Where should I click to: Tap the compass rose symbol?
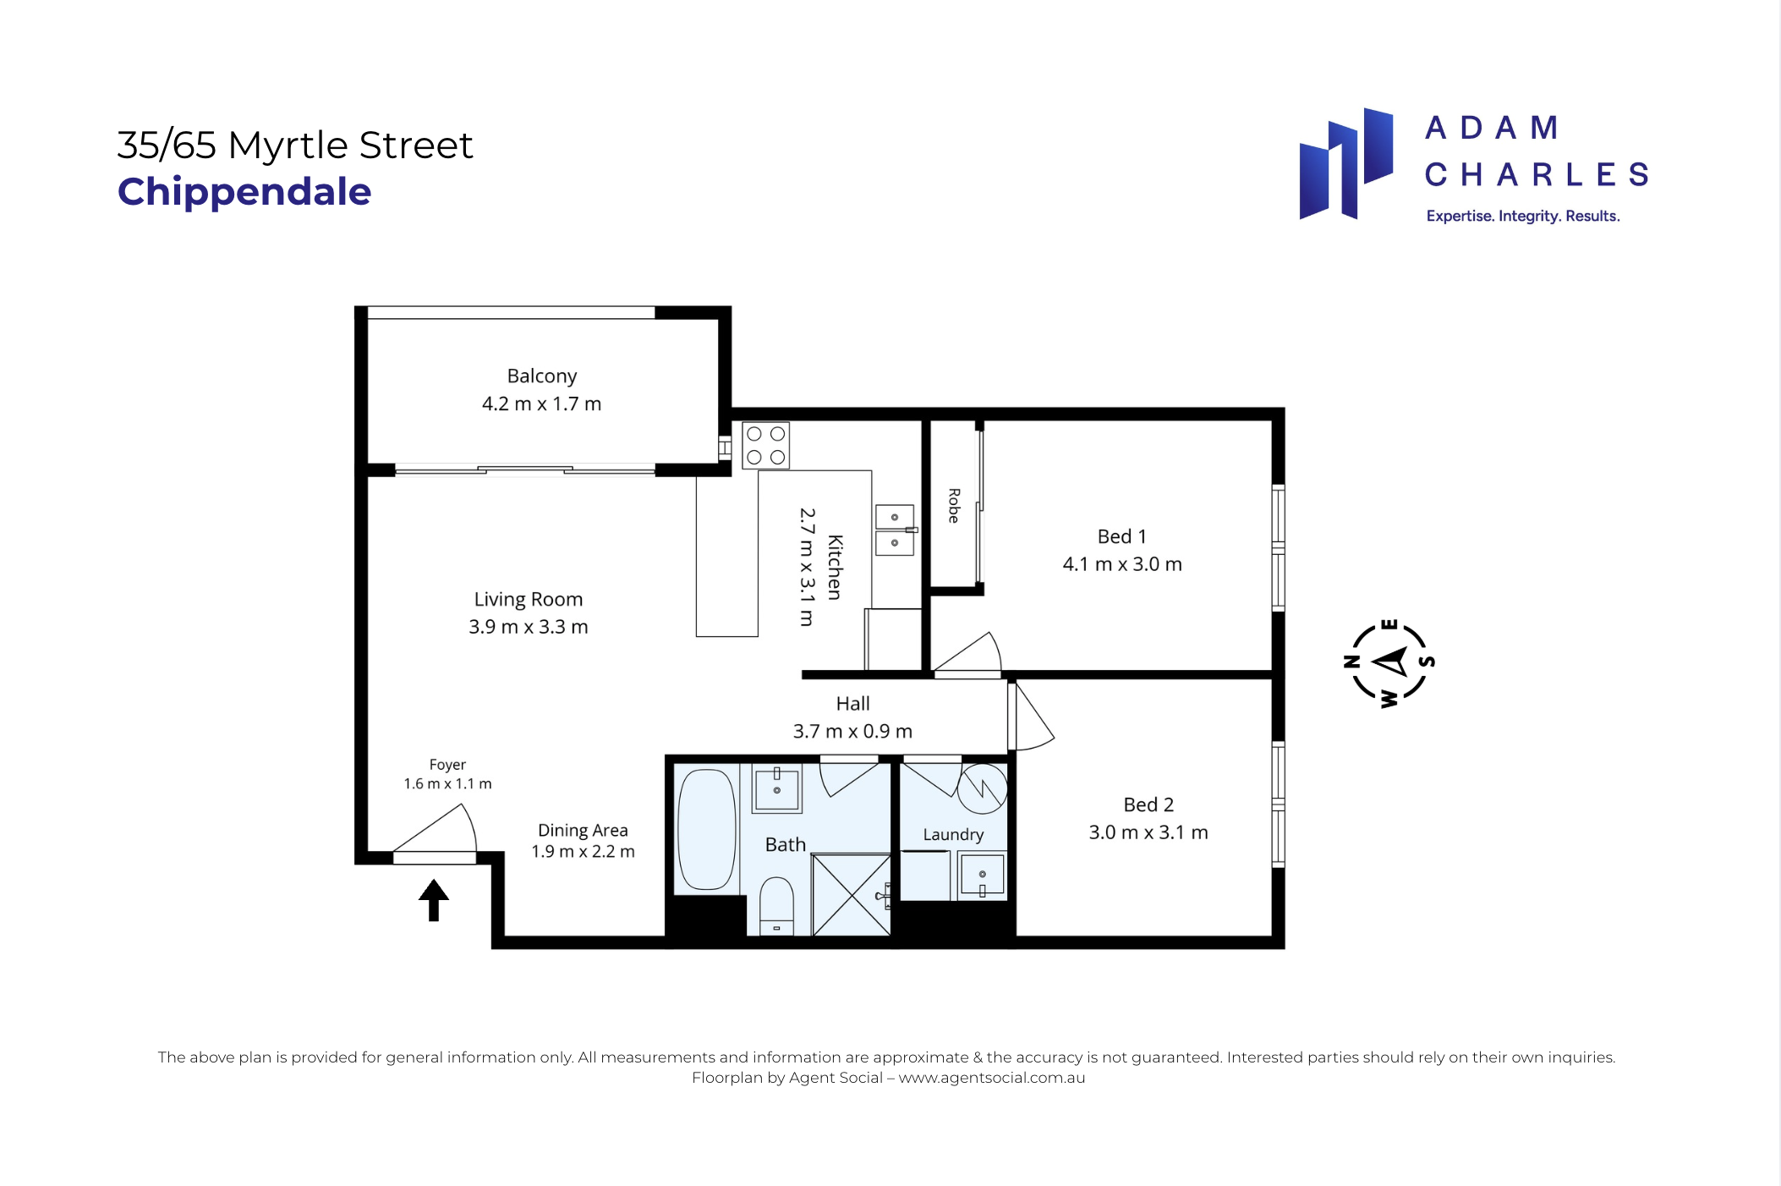click(x=1389, y=663)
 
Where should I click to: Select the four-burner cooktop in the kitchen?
click(x=766, y=446)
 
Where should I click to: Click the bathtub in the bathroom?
click(x=707, y=829)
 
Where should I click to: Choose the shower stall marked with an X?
click(x=851, y=895)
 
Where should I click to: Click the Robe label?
click(x=954, y=506)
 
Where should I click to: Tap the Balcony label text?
click(x=542, y=376)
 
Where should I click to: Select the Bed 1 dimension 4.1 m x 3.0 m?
click(x=1122, y=564)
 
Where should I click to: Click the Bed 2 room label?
click(x=1148, y=804)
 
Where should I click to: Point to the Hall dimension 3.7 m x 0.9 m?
click(x=852, y=731)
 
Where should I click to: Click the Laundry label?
click(x=953, y=835)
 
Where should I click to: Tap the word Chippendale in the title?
click(x=244, y=192)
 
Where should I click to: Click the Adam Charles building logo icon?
click(x=1346, y=164)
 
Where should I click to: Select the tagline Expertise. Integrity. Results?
click(x=1523, y=217)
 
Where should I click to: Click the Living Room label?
click(x=529, y=600)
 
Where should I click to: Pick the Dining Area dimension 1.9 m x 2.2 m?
click(x=583, y=852)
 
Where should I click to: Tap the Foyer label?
click(x=447, y=765)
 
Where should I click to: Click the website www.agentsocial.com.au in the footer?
click(x=992, y=1078)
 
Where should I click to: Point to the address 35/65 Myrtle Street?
click(x=295, y=146)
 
